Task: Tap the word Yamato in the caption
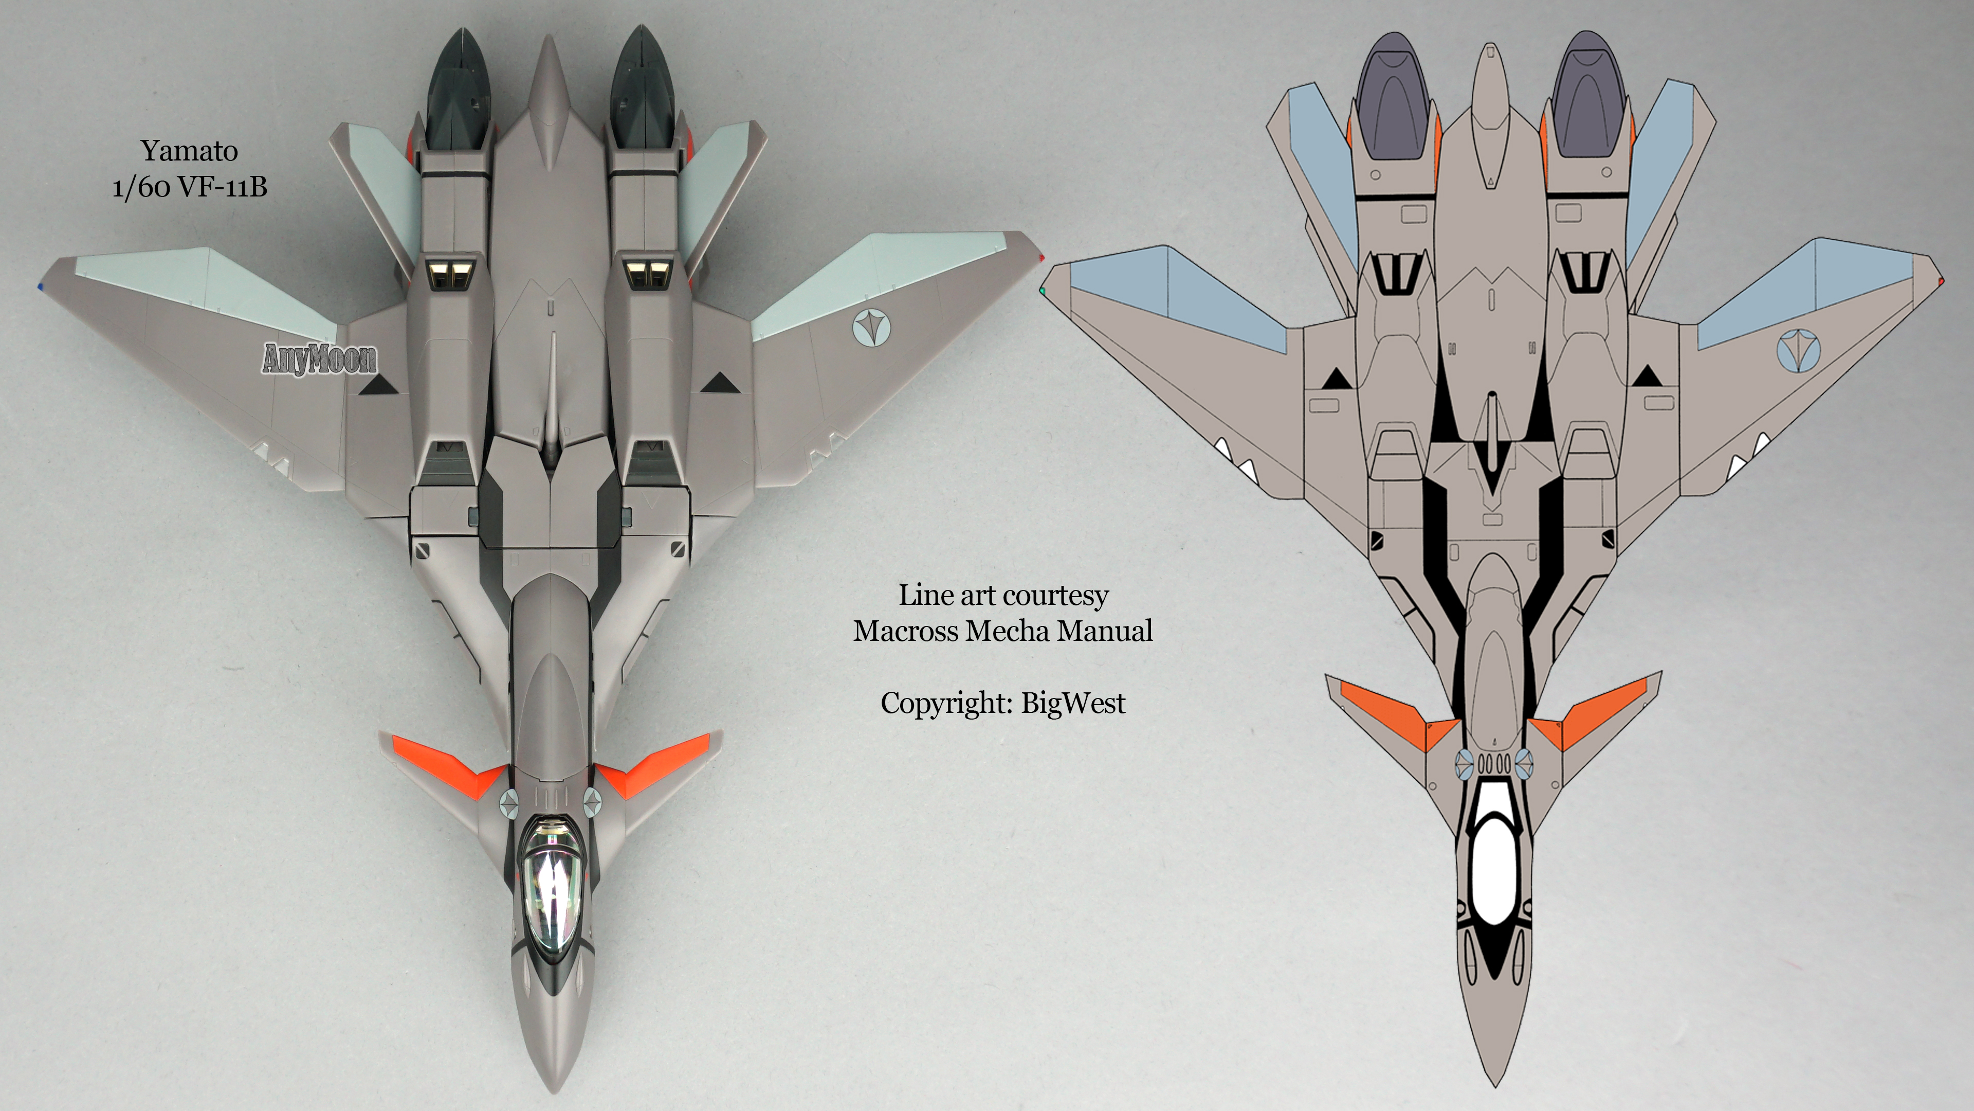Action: [x=189, y=151]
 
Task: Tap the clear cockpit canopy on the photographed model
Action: [x=552, y=874]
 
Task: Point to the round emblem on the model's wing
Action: [x=872, y=328]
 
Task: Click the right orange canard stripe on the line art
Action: [x=1594, y=709]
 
